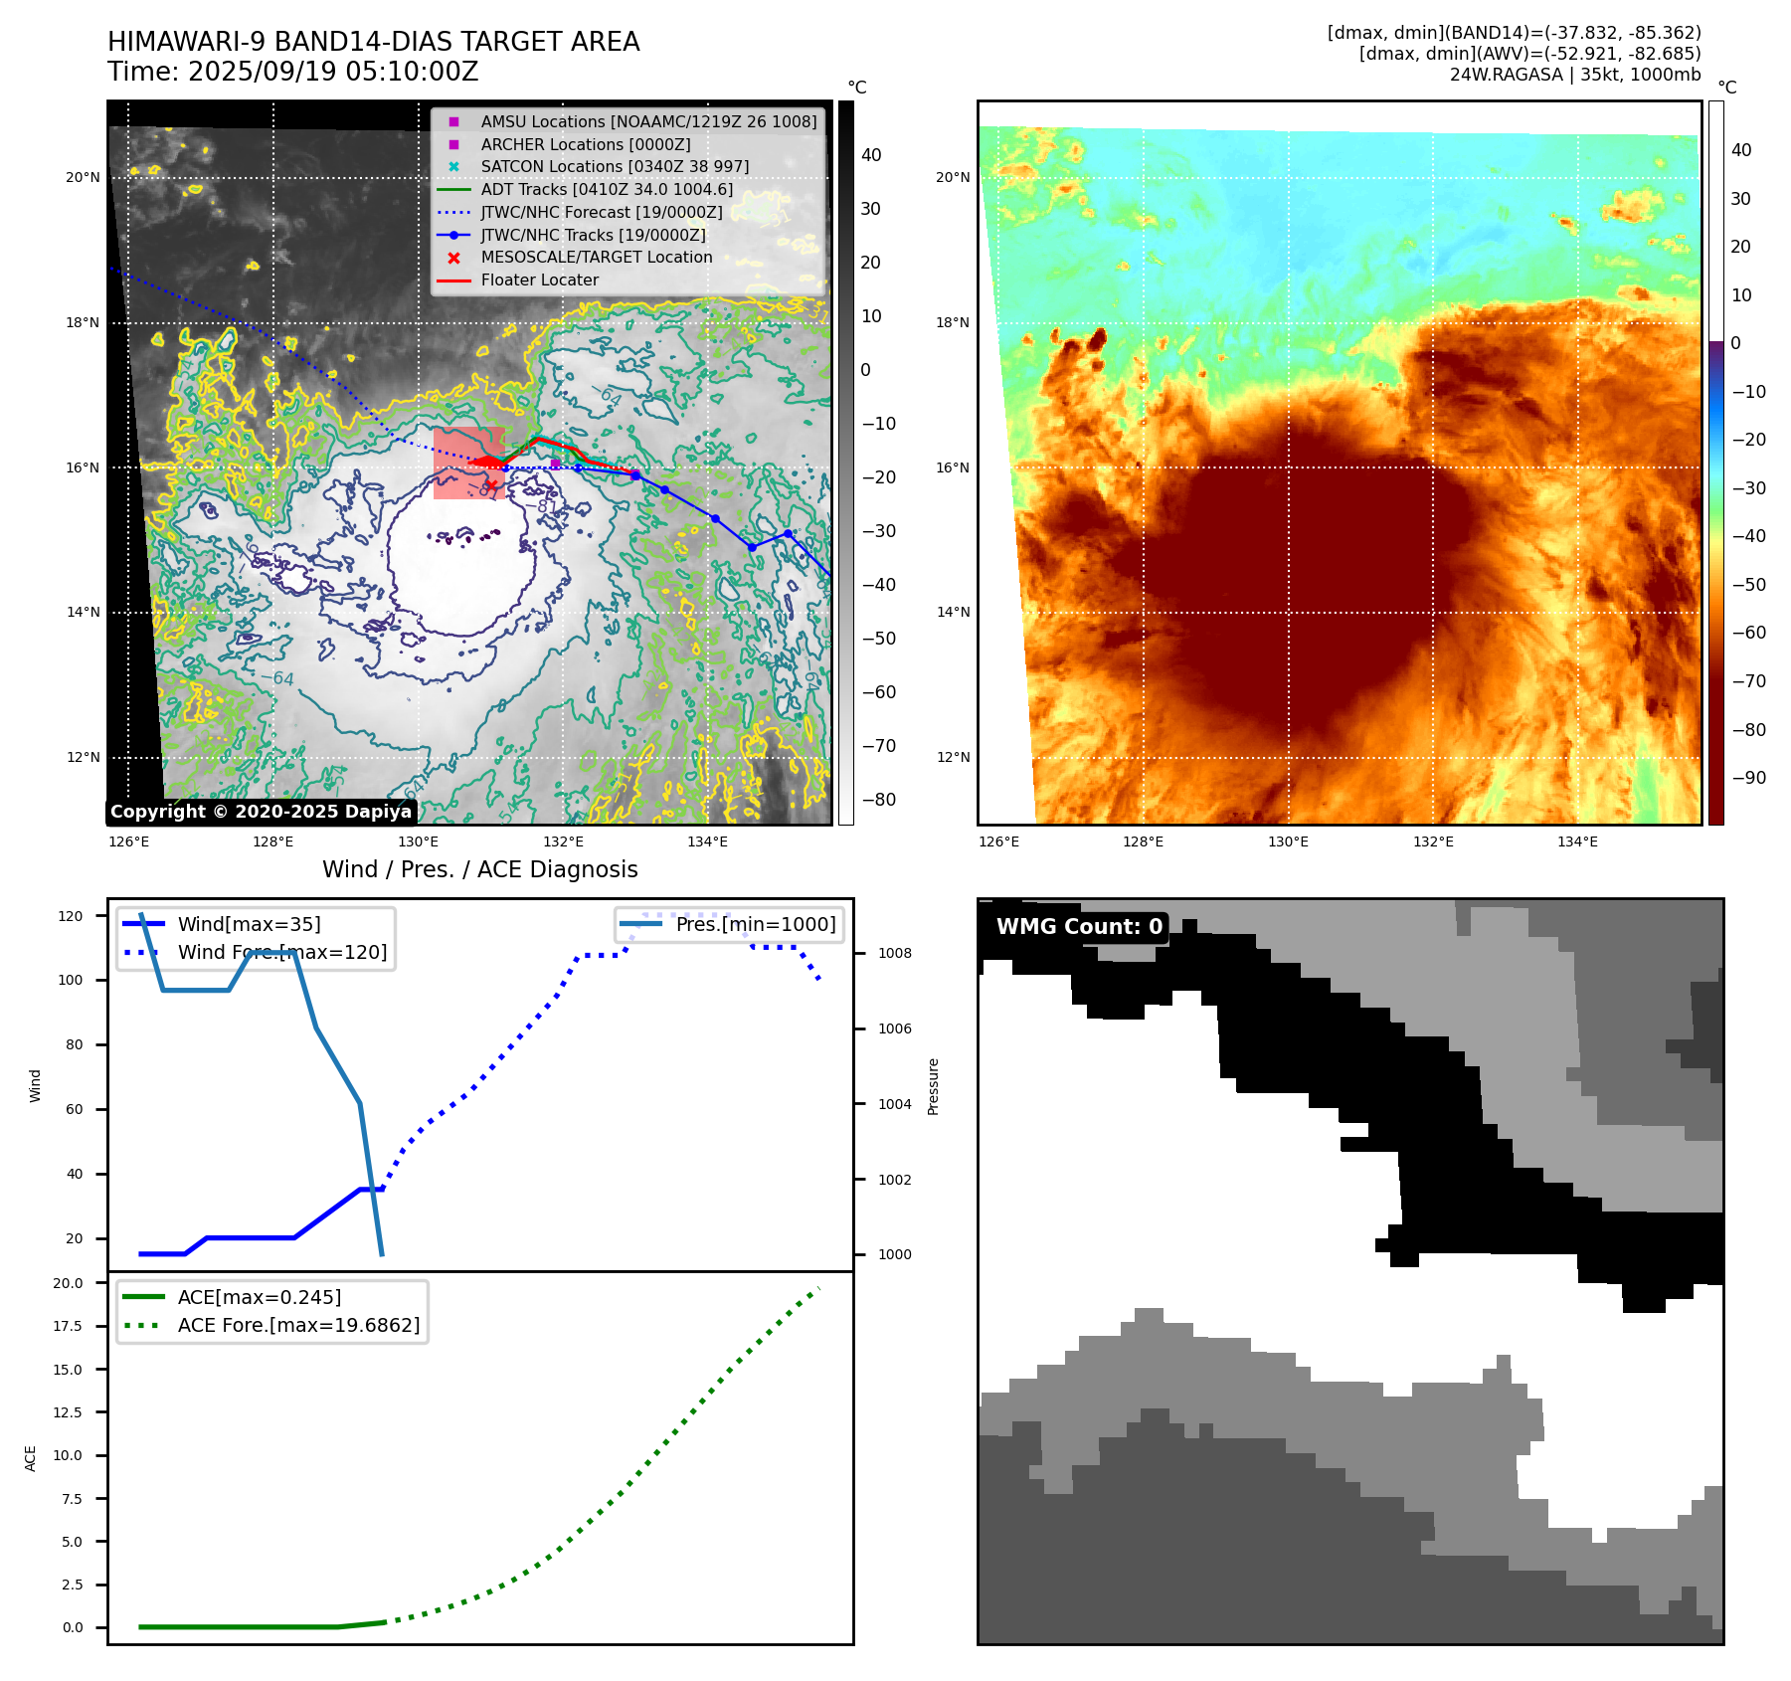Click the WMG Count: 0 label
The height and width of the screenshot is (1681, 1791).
tap(1079, 927)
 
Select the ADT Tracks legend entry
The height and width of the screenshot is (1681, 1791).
tap(607, 190)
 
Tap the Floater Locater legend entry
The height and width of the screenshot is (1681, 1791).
tap(539, 280)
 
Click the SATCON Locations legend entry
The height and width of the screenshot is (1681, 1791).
tap(615, 167)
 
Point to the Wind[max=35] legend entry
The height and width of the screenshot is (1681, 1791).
tap(249, 924)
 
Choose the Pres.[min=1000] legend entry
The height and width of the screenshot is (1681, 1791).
tap(755, 924)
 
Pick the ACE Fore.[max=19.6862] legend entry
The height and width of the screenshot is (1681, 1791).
tap(298, 1325)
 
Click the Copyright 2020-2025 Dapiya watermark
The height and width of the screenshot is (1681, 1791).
tap(261, 812)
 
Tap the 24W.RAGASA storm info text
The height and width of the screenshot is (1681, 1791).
tap(1574, 75)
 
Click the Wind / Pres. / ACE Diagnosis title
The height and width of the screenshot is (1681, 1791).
tap(480, 869)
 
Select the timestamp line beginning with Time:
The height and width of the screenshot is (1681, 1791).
tap(293, 72)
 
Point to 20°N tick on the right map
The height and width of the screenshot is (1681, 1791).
tap(952, 178)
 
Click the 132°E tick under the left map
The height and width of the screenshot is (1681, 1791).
tap(563, 841)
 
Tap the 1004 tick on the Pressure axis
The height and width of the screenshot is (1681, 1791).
tap(894, 1104)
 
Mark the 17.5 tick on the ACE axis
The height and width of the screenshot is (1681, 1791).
tap(68, 1326)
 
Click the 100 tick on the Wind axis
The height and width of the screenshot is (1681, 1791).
tap(71, 980)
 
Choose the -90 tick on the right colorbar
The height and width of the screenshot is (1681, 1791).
tap(1748, 778)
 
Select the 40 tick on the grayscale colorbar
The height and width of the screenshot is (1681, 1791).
tap(871, 155)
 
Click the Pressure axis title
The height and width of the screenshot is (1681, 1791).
tap(933, 1086)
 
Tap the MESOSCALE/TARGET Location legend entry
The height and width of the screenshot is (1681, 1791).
tap(596, 258)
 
